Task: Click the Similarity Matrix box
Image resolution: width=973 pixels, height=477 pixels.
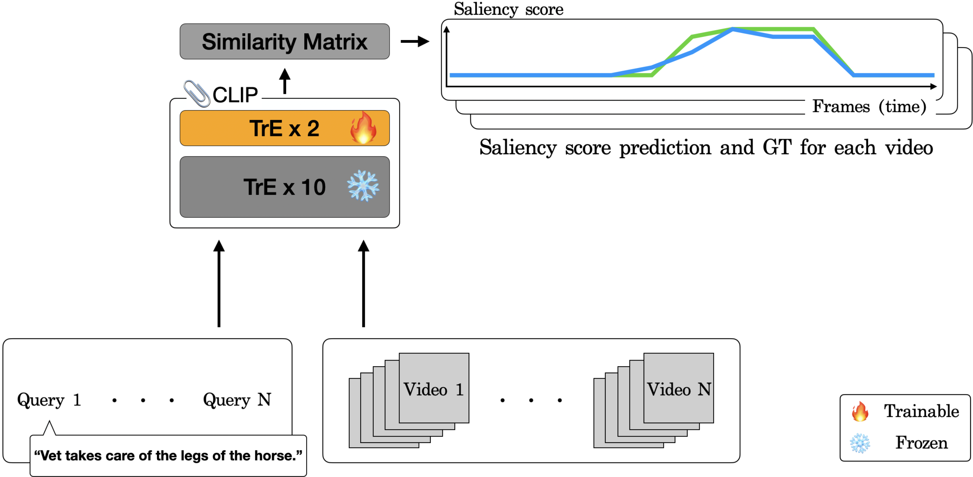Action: pyautogui.click(x=284, y=41)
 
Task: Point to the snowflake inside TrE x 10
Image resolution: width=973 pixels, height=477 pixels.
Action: pyautogui.click(x=363, y=186)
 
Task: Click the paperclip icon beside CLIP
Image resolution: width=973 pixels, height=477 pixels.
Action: pyautogui.click(x=197, y=93)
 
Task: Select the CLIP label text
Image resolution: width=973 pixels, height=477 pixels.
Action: pyautogui.click(x=235, y=95)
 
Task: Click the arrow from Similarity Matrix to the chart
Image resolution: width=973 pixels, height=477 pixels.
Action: pyautogui.click(x=415, y=41)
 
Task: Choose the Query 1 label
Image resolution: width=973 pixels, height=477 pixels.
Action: pyautogui.click(x=49, y=399)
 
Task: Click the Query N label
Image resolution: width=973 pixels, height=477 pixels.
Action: pyautogui.click(x=237, y=399)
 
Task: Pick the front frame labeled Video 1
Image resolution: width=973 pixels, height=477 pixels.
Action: pyautogui.click(x=434, y=388)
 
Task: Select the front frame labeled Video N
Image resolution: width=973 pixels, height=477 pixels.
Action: pyautogui.click(x=678, y=388)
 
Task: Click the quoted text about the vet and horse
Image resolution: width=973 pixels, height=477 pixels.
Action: pyautogui.click(x=168, y=455)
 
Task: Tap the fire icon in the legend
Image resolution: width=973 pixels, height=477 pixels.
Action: pyautogui.click(x=860, y=411)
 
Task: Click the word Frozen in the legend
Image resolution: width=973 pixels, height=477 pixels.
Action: pyautogui.click(x=921, y=443)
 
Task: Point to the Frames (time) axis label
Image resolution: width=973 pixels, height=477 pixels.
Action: pyautogui.click(x=869, y=107)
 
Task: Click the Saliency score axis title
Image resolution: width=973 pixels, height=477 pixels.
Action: pyautogui.click(x=508, y=9)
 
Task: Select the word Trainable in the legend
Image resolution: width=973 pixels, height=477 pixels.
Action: pyautogui.click(x=921, y=411)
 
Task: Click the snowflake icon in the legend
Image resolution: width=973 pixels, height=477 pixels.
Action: pyautogui.click(x=860, y=443)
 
